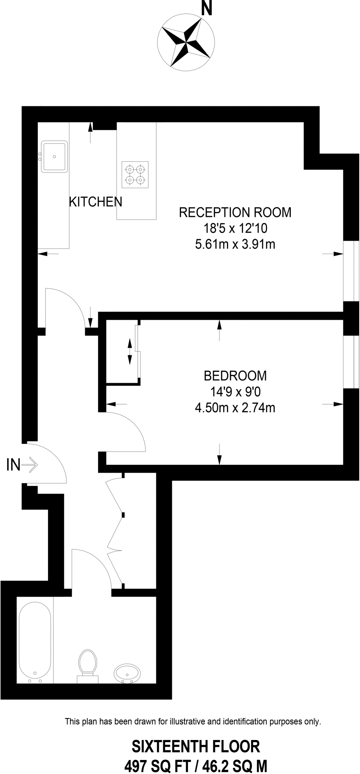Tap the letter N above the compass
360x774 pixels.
[206, 8]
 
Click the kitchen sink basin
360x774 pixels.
[55, 156]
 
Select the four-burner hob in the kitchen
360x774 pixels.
[135, 175]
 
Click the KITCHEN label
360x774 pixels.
[96, 202]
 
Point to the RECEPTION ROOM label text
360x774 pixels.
[235, 212]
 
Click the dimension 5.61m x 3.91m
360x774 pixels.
[235, 245]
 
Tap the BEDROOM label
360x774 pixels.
[235, 376]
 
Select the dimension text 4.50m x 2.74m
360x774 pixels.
[235, 408]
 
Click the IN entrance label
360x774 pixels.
[13, 465]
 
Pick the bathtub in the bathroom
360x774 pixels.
[35, 641]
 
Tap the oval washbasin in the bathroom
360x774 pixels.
[127, 673]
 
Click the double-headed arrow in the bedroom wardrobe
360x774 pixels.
[130, 351]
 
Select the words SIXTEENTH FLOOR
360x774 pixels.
[195, 746]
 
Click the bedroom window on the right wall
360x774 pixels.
[351, 362]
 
